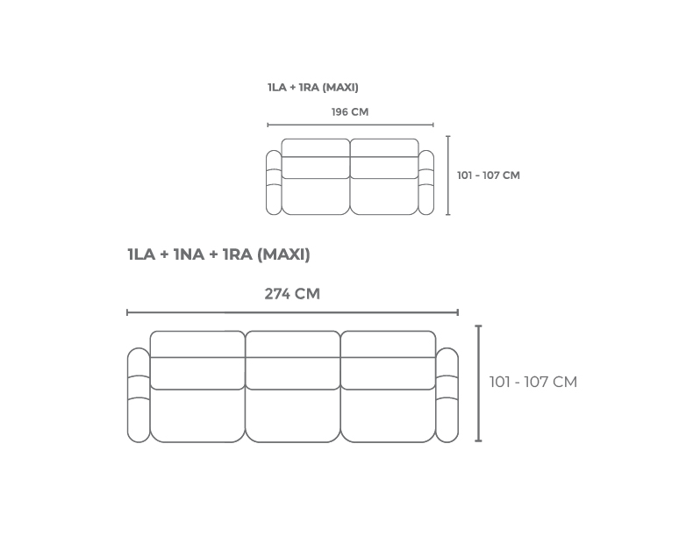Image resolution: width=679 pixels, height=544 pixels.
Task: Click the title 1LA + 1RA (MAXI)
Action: click(313, 88)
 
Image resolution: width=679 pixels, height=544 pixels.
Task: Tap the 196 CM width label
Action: click(350, 112)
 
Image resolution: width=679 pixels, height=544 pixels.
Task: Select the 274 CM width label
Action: click(292, 294)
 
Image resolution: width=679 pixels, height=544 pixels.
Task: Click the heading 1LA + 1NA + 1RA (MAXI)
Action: click(218, 254)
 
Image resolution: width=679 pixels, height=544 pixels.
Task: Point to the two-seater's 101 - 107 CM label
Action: click(489, 175)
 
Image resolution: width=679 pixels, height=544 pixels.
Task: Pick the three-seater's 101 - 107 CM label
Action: click(533, 382)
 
